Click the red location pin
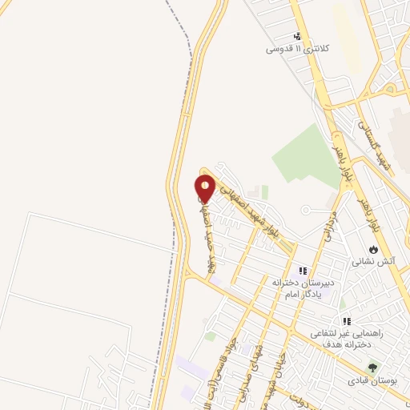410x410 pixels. point(206,188)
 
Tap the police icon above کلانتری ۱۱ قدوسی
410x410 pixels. point(298,36)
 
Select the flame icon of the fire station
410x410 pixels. point(372,247)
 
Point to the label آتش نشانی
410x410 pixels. point(373,261)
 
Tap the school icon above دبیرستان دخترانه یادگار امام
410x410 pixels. point(303,271)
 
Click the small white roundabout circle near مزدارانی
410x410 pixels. point(305,210)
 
